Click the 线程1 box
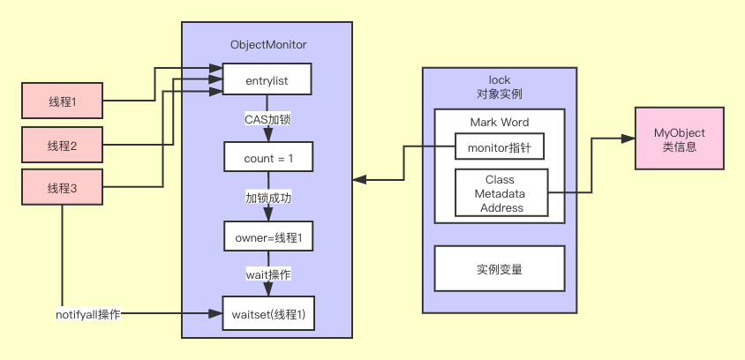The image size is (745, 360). pyautogui.click(x=63, y=101)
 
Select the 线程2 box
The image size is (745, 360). pyautogui.click(x=63, y=145)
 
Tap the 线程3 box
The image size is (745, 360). pyautogui.click(x=63, y=187)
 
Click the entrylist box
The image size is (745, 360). pyautogui.click(x=267, y=81)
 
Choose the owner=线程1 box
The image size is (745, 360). pyautogui.click(x=267, y=237)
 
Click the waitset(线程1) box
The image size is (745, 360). pyautogui.click(x=267, y=314)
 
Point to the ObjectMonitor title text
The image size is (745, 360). pyautogui.click(x=267, y=44)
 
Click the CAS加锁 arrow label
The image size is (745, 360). pyautogui.click(x=267, y=118)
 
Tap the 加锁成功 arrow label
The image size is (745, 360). pyautogui.click(x=267, y=198)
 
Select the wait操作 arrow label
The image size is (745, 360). pyautogui.click(x=267, y=275)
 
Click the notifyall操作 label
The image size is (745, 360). pyautogui.click(x=87, y=314)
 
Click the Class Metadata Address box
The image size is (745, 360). pyautogui.click(x=500, y=193)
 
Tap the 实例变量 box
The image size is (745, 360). pyautogui.click(x=499, y=268)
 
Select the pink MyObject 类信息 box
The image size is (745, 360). pyautogui.click(x=679, y=139)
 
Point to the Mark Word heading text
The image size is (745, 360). pyautogui.click(x=499, y=122)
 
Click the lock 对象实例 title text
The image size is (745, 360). pyautogui.click(x=499, y=86)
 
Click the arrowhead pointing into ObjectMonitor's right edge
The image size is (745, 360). pyautogui.click(x=358, y=180)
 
